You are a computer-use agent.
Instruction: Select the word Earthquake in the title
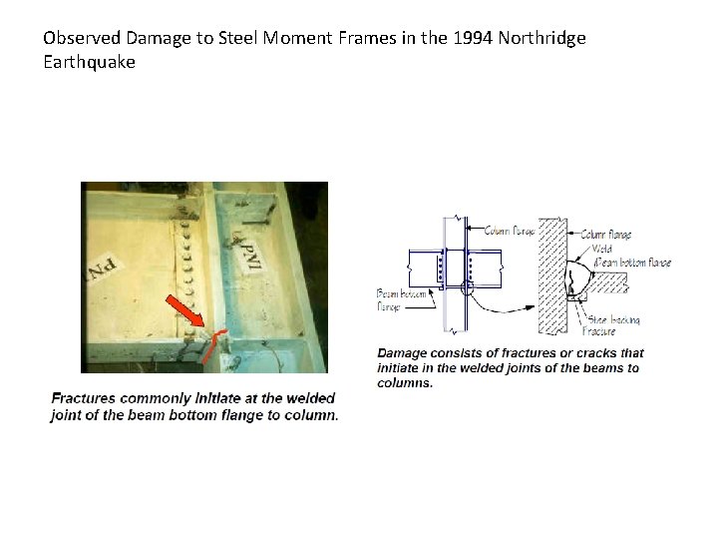coord(89,61)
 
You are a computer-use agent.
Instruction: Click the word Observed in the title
coord(83,38)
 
